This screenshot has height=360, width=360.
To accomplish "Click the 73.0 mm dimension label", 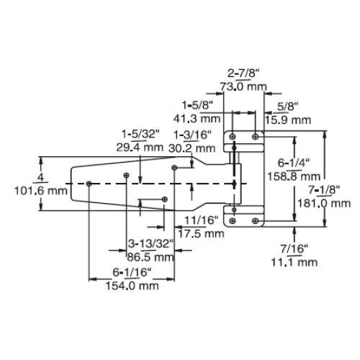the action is pos(243,86).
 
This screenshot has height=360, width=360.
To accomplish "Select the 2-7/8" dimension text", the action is pos(243,73).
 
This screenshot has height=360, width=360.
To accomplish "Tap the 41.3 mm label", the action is pos(197,119).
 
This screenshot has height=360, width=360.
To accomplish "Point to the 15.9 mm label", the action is pos(288,120).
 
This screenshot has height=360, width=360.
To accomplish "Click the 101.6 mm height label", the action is pos(41,191).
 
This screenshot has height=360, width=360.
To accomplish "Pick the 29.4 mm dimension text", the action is pos(140,147).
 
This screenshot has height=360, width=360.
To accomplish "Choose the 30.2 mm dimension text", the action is pos(192,148).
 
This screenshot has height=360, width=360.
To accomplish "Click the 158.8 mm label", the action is pos(294,176).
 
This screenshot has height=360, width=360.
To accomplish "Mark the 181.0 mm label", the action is pos(324,204).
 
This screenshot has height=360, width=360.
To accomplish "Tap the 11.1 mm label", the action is pos(294,262).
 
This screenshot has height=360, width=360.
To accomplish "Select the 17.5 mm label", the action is pos(201,233).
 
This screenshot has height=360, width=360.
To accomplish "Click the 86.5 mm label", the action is pos(150,257).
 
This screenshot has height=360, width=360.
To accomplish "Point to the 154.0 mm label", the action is pos(132,286).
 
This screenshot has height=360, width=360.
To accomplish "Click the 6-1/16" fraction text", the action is pos(132,272).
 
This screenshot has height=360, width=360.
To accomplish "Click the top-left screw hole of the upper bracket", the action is pos(233,137).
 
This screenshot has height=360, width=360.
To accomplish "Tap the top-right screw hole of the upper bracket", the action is pos(256,137).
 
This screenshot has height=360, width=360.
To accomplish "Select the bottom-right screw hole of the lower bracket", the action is pos(256,220).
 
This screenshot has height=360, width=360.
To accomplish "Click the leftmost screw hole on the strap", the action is pos(89,184).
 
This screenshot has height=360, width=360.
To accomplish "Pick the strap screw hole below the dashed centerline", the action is pos(165,199).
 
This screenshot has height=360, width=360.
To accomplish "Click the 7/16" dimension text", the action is pos(294,249).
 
